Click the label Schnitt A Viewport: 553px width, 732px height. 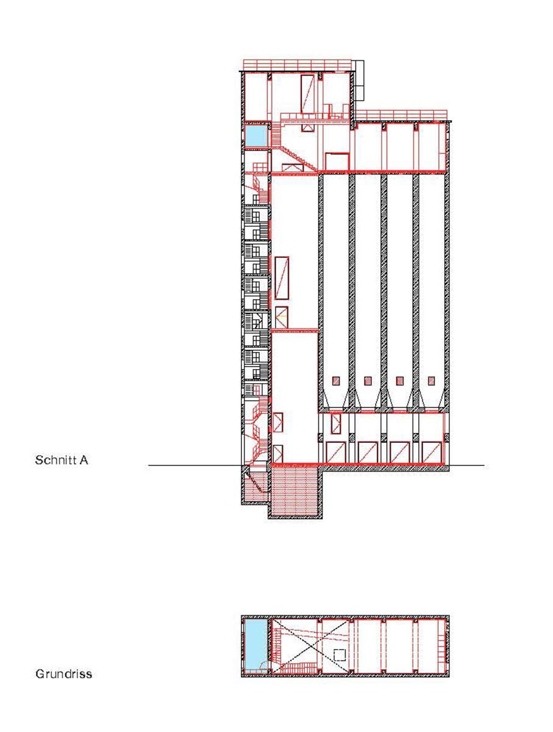(x=62, y=460)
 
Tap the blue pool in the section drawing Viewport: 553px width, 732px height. (x=256, y=136)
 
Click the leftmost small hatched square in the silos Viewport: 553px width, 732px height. (x=336, y=381)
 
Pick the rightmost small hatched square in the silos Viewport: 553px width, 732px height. (x=431, y=381)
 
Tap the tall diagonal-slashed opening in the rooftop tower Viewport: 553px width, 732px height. (x=307, y=94)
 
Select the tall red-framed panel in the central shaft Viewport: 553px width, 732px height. (x=282, y=278)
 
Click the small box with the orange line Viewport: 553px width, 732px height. (x=282, y=317)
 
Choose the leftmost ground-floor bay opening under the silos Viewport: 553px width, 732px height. (x=336, y=452)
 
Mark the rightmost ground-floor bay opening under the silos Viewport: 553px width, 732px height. (x=432, y=452)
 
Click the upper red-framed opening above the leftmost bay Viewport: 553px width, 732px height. (x=336, y=423)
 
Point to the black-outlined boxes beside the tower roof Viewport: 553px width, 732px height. (x=359, y=81)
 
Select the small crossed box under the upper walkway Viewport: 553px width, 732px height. (x=307, y=127)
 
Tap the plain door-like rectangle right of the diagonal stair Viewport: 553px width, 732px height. (x=337, y=162)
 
